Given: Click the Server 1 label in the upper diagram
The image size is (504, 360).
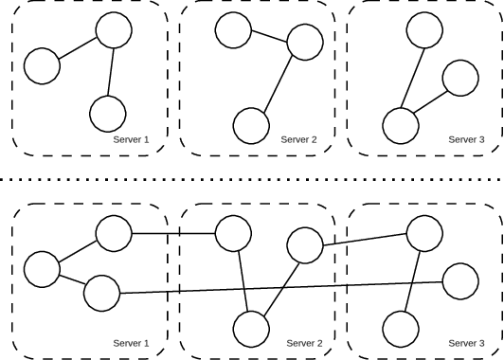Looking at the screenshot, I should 132,139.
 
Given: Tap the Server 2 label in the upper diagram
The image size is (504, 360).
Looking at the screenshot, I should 300,139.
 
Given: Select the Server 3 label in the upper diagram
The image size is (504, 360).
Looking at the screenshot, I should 467,139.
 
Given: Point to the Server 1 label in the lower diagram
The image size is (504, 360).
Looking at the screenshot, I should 132,343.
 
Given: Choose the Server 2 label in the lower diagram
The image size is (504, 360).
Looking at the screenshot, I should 305,343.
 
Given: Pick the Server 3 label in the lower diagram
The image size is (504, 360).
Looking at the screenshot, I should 467,343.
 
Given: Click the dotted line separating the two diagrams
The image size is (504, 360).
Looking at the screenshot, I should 252,177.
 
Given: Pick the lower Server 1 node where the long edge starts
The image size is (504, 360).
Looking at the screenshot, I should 101,293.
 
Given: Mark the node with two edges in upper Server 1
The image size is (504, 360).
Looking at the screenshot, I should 114,31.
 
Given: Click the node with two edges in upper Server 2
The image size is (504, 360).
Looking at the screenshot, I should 305,42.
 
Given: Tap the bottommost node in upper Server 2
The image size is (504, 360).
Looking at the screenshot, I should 250,125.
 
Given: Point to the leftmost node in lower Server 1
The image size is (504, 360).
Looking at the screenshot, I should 42,269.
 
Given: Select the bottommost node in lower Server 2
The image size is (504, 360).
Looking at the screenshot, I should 250,329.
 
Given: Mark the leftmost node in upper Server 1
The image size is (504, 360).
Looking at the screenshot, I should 42,66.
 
